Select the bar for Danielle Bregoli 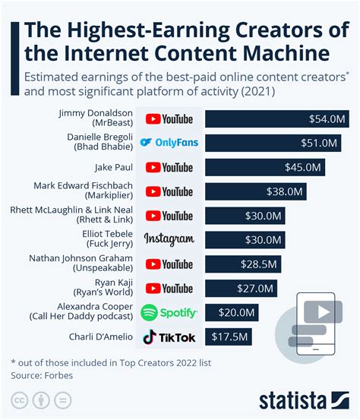pyautogui.click(x=273, y=143)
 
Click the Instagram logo pyautogui.click(x=169, y=239)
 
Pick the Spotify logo pyautogui.click(x=169, y=312)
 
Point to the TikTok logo pyautogui.click(x=169, y=336)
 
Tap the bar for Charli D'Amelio pyautogui.click(x=228, y=336)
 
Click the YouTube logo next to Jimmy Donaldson pyautogui.click(x=169, y=119)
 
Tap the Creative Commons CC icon pyautogui.click(x=18, y=400)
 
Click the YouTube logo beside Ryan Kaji pyautogui.click(x=169, y=288)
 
